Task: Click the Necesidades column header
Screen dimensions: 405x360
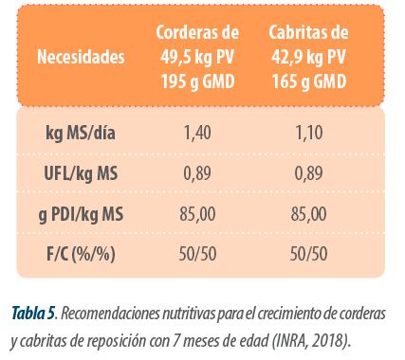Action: [x=81, y=57]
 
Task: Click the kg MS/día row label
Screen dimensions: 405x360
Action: [x=81, y=133]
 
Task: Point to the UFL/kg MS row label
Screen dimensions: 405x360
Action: [x=81, y=173]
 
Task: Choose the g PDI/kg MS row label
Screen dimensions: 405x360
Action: [x=81, y=214]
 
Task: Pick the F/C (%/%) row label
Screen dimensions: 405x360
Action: [x=81, y=254]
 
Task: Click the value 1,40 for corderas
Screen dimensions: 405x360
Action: [x=197, y=133]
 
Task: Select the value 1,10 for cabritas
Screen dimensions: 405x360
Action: [x=309, y=133]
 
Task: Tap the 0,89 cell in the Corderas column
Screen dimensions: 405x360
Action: [x=197, y=173]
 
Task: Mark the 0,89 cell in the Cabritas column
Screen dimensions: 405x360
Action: [x=309, y=173]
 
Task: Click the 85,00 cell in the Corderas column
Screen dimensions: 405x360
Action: [x=197, y=214]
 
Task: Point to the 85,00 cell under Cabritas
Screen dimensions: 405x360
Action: [x=309, y=214]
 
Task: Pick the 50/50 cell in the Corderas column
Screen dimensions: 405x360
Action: [x=197, y=254]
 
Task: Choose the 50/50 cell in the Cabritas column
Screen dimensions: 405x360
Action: [x=309, y=254]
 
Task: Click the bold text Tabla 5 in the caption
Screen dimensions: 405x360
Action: [x=33, y=314]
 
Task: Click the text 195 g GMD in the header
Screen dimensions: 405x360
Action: [x=198, y=81]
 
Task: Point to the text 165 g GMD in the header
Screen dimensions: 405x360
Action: [x=309, y=81]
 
